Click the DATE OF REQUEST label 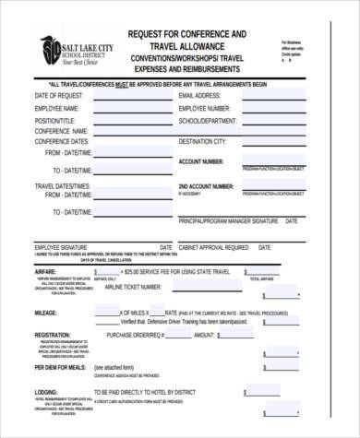pyautogui.click(x=60, y=96)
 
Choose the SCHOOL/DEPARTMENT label pyautogui.click(x=209, y=120)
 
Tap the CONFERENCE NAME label pyautogui.click(x=60, y=131)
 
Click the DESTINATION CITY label pyautogui.click(x=202, y=142)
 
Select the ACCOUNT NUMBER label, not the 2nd pyautogui.click(x=200, y=161)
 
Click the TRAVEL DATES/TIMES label pyautogui.click(x=63, y=186)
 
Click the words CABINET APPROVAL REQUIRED pyautogui.click(x=213, y=247)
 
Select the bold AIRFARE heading pyautogui.click(x=47, y=273)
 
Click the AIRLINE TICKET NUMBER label pyautogui.click(x=141, y=288)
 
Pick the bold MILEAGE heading pyautogui.click(x=46, y=314)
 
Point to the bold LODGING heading pyautogui.click(x=46, y=392)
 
